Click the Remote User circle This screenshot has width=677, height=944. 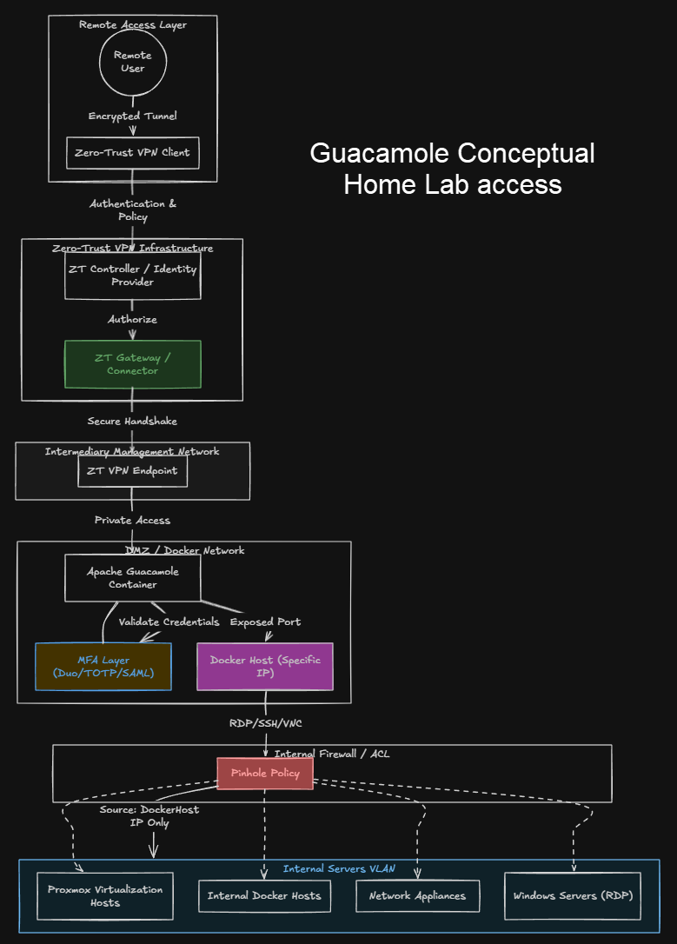(x=132, y=62)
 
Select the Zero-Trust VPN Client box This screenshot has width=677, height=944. (x=133, y=153)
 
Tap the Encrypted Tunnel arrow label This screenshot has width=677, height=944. (x=133, y=116)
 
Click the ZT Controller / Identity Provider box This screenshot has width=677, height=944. (x=133, y=276)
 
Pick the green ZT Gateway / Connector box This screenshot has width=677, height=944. (x=133, y=364)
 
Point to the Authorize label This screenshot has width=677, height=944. (x=133, y=320)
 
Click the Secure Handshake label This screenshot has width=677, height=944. (x=132, y=422)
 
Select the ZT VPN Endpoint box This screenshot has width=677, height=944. (x=132, y=471)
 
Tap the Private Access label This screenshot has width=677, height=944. (x=132, y=521)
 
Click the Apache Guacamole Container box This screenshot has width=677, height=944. (x=133, y=578)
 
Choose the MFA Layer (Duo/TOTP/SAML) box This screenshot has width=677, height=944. (x=103, y=667)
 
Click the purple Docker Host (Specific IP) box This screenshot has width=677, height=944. (x=265, y=667)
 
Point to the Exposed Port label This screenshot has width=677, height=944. (x=265, y=622)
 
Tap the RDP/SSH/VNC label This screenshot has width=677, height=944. (x=265, y=722)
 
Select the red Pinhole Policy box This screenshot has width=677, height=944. (x=265, y=773)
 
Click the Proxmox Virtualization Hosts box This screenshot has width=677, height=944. (x=105, y=896)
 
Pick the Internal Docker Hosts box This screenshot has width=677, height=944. (x=264, y=896)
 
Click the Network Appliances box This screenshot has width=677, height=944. (x=417, y=896)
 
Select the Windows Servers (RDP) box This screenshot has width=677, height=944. (x=573, y=896)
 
